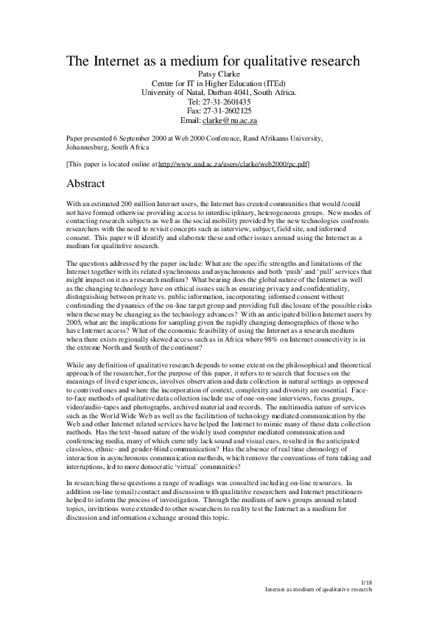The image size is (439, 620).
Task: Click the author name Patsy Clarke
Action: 219,74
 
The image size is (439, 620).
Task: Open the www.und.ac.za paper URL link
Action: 233,164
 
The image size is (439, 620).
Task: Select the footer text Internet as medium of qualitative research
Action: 318,590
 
